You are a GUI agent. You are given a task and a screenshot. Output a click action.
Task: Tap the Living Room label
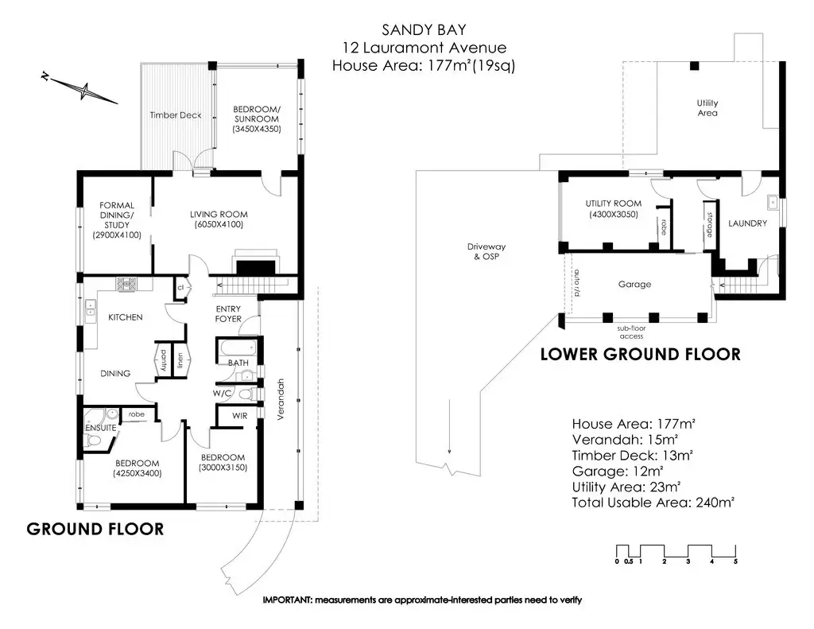pyautogui.click(x=219, y=215)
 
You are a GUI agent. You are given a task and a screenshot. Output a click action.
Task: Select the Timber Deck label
pyautogui.click(x=175, y=115)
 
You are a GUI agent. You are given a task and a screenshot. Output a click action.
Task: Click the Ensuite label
pyautogui.click(x=101, y=428)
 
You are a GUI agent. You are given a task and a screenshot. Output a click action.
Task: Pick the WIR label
pyautogui.click(x=239, y=416)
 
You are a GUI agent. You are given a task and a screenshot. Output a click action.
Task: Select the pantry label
pyautogui.click(x=163, y=359)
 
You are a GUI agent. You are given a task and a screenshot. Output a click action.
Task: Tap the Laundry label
pyautogui.click(x=747, y=223)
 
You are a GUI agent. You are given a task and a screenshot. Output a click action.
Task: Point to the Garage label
pyautogui.click(x=634, y=284)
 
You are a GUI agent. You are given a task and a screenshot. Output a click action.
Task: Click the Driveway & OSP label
pyautogui.click(x=486, y=251)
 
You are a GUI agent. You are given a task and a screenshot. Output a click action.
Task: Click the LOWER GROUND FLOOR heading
pyautogui.click(x=640, y=354)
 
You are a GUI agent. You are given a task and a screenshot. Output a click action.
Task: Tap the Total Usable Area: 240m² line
pyautogui.click(x=653, y=503)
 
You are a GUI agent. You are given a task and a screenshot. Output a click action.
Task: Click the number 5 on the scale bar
pyautogui.click(x=735, y=561)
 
